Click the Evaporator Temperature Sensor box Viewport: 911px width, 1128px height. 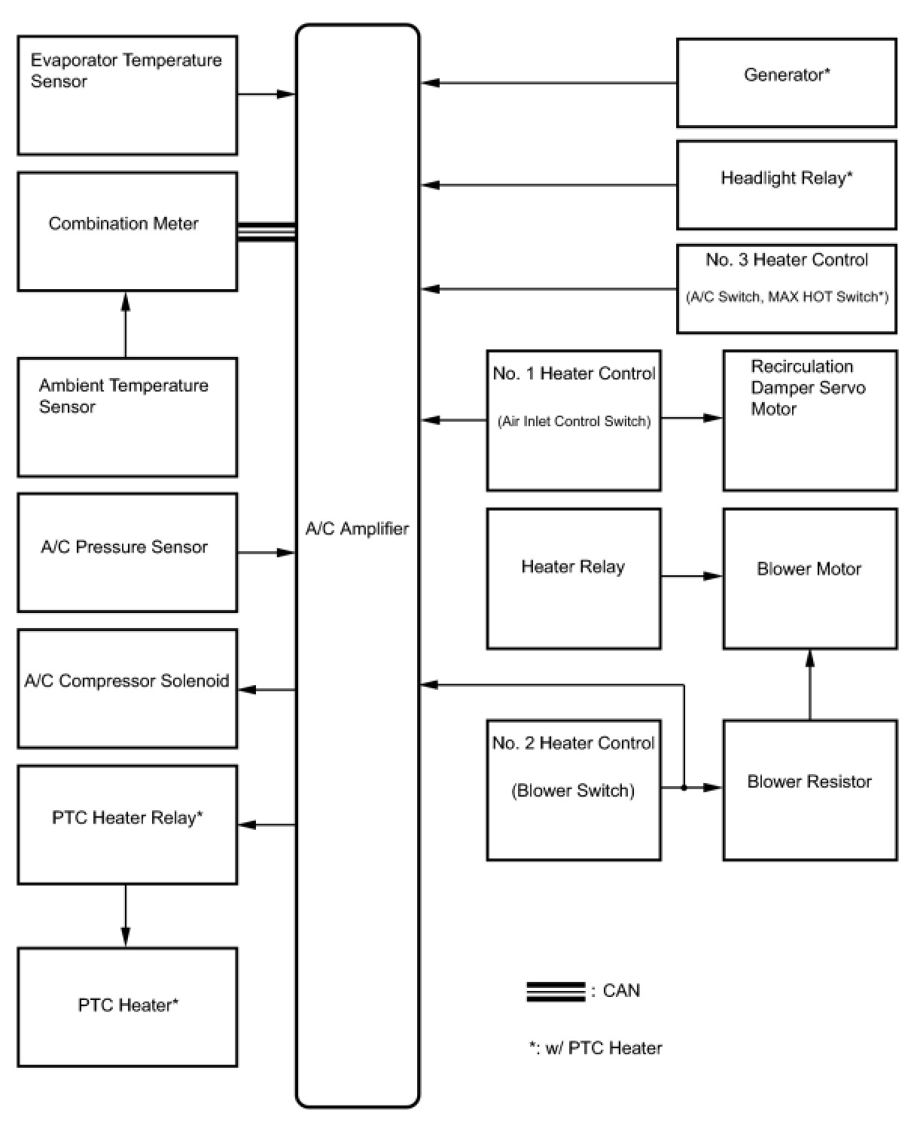127,96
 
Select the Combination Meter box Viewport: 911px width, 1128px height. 127,231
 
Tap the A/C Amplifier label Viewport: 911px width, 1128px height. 358,529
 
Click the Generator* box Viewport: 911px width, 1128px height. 787,83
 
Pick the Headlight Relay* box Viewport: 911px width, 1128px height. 787,184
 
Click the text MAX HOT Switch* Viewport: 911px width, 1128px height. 828,297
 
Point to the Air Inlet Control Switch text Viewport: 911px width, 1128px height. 574,421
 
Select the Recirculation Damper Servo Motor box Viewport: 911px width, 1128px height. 810,420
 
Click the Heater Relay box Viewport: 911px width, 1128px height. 574,578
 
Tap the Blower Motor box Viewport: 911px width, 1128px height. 810,578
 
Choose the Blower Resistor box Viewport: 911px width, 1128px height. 810,790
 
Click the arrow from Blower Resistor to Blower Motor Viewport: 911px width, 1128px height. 810,684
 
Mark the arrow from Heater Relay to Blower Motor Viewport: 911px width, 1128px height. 692,576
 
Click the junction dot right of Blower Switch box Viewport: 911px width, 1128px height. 684,788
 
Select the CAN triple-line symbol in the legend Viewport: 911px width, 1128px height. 556,992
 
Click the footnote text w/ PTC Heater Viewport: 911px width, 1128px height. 604,1048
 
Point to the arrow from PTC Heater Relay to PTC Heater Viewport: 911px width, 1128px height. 126,916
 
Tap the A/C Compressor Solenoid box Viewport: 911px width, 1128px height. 127,688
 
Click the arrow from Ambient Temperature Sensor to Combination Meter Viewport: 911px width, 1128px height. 126,325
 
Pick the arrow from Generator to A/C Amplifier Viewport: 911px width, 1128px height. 548,83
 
